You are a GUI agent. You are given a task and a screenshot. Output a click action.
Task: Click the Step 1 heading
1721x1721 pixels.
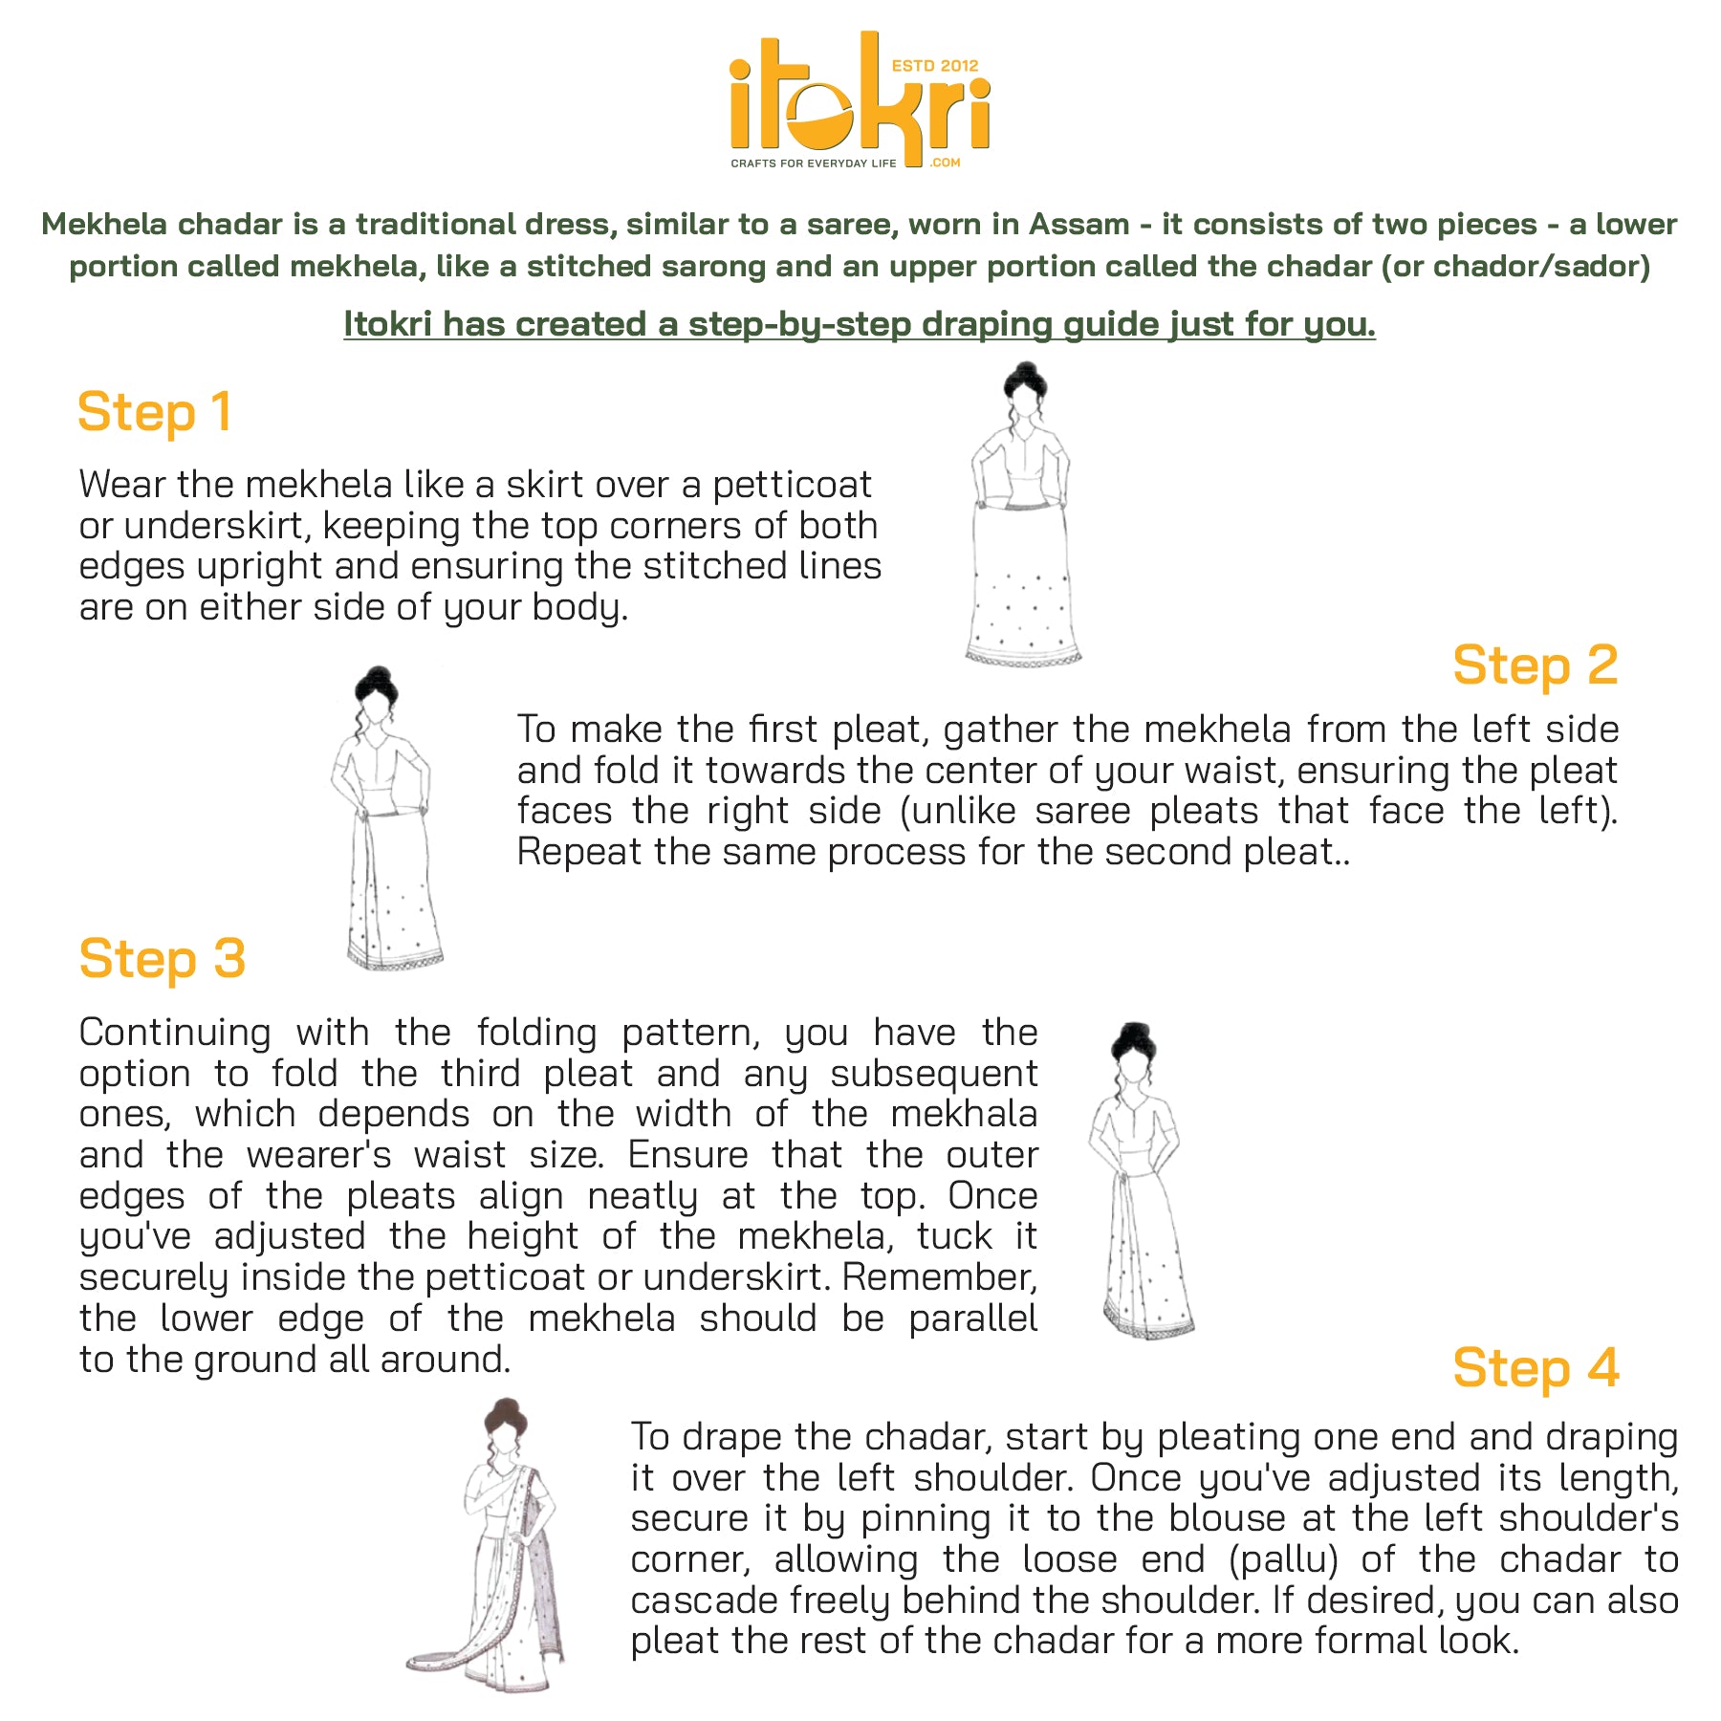155,413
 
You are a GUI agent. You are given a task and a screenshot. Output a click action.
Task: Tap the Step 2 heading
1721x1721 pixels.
1536,665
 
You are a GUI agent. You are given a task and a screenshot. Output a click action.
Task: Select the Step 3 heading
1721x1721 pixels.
163,959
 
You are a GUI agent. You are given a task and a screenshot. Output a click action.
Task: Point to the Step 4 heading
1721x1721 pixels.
1536,1368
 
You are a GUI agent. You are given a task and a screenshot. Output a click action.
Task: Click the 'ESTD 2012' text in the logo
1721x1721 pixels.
935,66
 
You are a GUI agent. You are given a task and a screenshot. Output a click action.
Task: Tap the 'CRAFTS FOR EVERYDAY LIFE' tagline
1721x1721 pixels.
814,163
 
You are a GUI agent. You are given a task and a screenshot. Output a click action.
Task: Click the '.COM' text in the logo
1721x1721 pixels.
945,163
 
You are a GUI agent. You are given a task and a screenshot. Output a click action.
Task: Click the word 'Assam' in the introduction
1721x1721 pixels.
1079,225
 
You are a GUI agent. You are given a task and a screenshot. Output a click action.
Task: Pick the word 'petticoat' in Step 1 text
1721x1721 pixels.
793,486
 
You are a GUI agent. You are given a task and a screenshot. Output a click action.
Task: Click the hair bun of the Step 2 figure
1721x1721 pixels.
377,682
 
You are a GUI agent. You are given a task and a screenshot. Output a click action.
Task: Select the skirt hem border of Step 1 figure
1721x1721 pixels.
1023,657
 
